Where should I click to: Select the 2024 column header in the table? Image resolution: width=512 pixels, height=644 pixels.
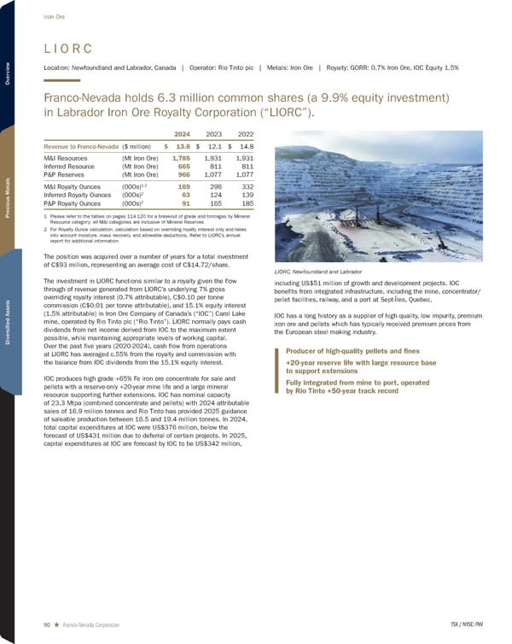(x=182, y=133)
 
